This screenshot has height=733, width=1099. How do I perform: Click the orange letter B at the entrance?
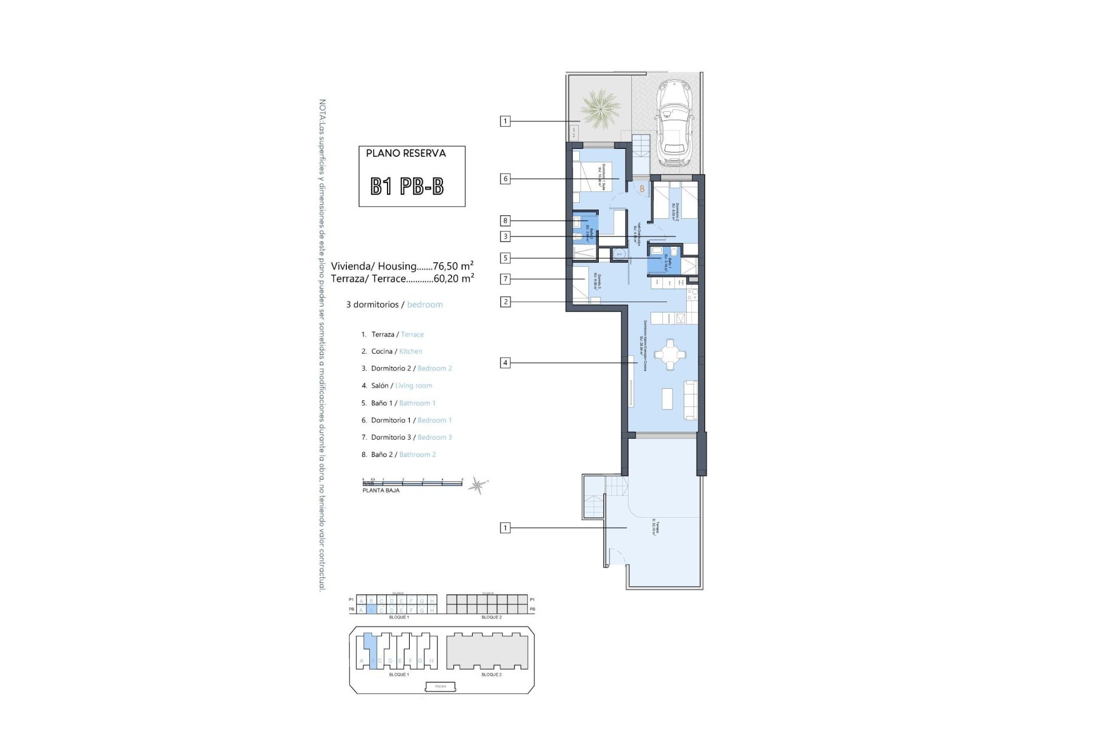(642, 188)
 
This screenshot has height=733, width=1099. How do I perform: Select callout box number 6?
(505, 179)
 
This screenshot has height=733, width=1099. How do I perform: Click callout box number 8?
(505, 220)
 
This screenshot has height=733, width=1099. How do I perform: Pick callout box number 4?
(505, 362)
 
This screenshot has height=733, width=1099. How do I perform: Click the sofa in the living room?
(691, 399)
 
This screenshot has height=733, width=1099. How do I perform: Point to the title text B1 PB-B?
(407, 187)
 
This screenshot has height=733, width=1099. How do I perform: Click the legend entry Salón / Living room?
(401, 385)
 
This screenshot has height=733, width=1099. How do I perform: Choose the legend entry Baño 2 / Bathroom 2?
(403, 454)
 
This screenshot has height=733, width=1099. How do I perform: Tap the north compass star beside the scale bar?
(476, 486)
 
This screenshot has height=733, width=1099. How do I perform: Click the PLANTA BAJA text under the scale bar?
(381, 491)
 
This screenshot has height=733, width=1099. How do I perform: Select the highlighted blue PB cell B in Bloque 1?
(371, 610)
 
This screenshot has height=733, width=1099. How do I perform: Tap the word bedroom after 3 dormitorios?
(425, 305)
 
